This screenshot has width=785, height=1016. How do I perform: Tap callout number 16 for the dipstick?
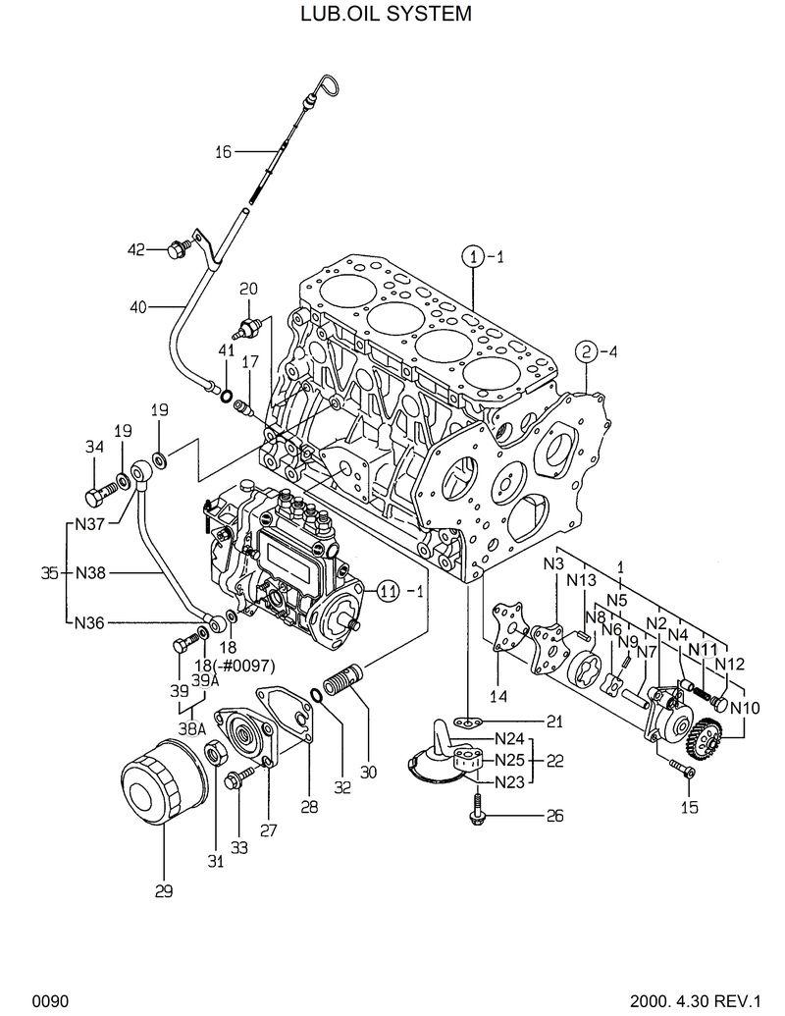[x=223, y=151]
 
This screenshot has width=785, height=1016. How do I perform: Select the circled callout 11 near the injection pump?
[x=389, y=590]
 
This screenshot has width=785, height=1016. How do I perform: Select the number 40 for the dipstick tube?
[x=138, y=307]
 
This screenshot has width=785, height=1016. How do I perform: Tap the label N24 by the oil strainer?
[x=508, y=739]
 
